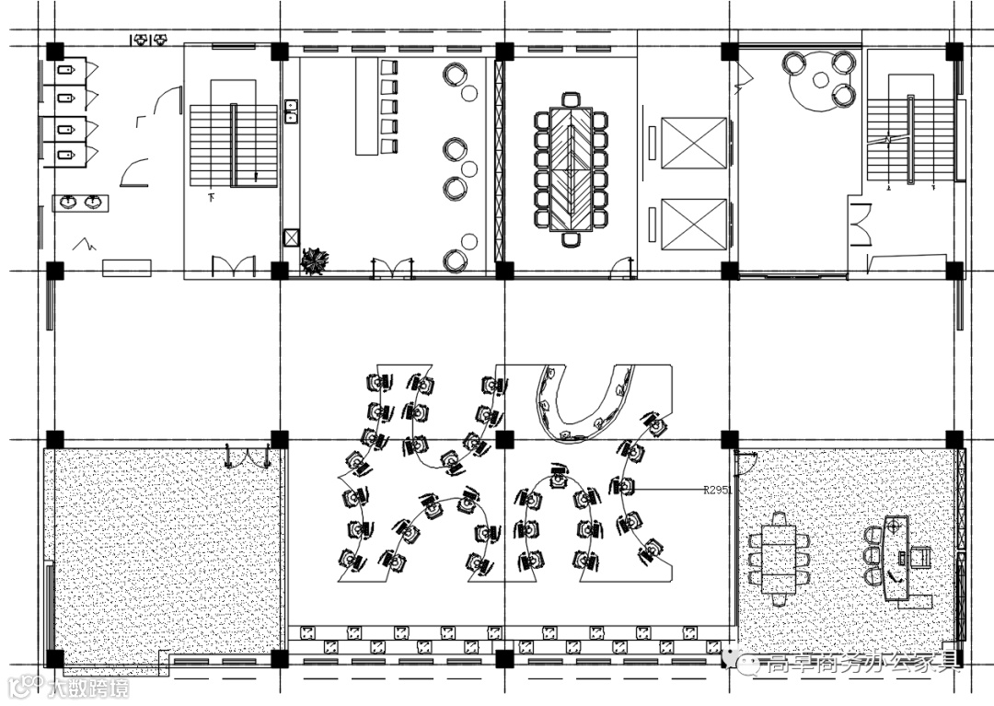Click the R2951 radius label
tap(717, 491)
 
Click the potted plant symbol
tap(315, 261)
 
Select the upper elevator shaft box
tap(694, 142)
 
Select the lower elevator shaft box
tap(694, 225)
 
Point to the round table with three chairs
tap(818, 79)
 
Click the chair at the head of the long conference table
tap(572, 98)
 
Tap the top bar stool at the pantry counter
tap(388, 67)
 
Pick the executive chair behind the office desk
tap(921, 557)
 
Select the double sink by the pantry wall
tap(291, 111)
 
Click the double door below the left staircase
tap(234, 267)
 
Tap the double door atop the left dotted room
tap(248, 455)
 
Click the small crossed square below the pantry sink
tap(292, 237)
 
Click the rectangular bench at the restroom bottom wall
tap(126, 268)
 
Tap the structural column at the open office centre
tap(504, 439)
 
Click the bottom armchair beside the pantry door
tap(455, 260)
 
